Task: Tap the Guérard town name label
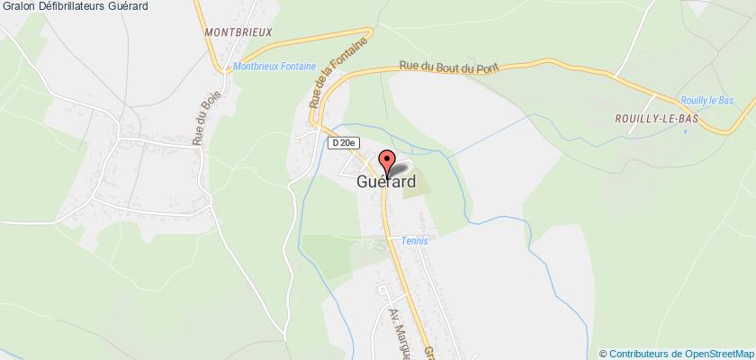386,181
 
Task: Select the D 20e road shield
343,142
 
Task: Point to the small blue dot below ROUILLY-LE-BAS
686,131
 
